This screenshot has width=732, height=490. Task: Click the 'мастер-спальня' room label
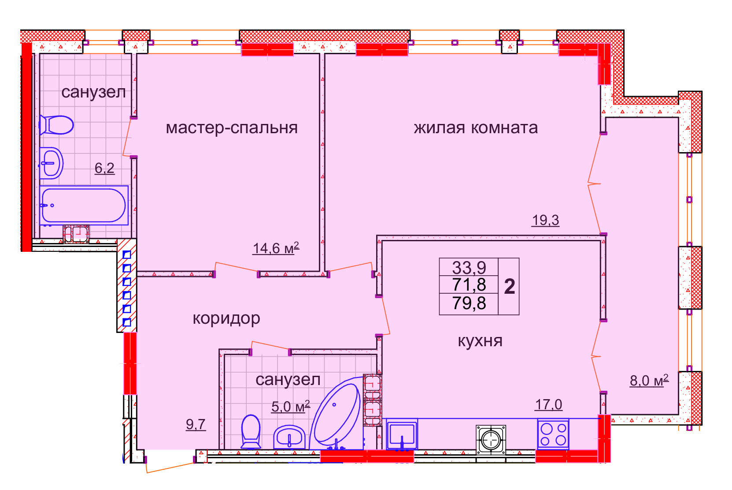[x=232, y=128]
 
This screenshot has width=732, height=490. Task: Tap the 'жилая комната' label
[x=476, y=127]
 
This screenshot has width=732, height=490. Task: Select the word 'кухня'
[x=480, y=341]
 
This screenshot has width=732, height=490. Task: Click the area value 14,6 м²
[x=276, y=248]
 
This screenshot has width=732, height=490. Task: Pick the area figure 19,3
[x=545, y=220]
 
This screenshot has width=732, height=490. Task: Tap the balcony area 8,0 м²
[x=649, y=381]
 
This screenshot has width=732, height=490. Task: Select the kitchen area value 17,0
[x=548, y=404]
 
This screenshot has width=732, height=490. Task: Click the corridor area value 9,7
[x=196, y=425]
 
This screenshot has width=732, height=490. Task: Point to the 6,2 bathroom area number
[x=104, y=168]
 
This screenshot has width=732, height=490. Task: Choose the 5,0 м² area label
[x=291, y=407]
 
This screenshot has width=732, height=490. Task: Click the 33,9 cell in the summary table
[x=469, y=268]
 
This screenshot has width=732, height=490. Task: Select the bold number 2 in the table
[x=510, y=287]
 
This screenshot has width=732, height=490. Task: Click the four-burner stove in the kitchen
[x=553, y=434]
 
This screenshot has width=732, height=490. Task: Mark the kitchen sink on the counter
[x=402, y=435]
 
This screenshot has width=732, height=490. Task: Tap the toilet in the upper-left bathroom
[x=56, y=125]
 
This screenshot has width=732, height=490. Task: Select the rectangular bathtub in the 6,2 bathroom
[x=84, y=205]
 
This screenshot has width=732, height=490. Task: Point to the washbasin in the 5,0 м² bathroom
[x=289, y=437]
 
